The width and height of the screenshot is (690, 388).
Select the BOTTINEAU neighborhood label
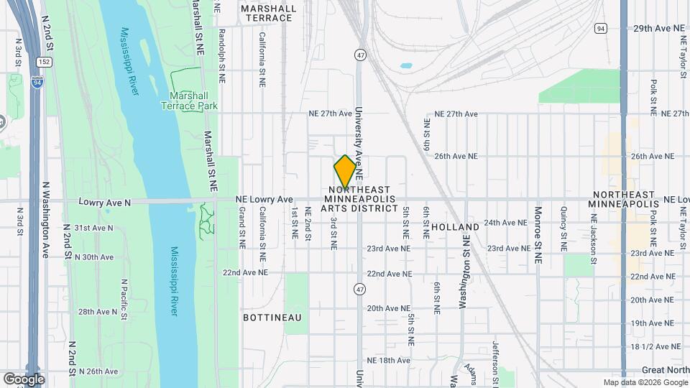tap(272, 317)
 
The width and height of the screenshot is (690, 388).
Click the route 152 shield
tap(45, 63)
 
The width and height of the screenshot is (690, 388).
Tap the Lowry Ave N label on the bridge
tap(105, 203)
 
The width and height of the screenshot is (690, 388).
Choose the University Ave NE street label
tap(359, 144)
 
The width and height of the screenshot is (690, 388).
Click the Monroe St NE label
tap(538, 236)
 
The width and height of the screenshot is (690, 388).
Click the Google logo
tap(24, 379)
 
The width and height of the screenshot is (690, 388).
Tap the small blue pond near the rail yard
tap(406, 65)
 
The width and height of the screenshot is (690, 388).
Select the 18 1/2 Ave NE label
tap(655, 346)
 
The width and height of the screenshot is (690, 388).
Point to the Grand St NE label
tap(242, 228)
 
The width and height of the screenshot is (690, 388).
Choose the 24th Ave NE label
tap(510, 223)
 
